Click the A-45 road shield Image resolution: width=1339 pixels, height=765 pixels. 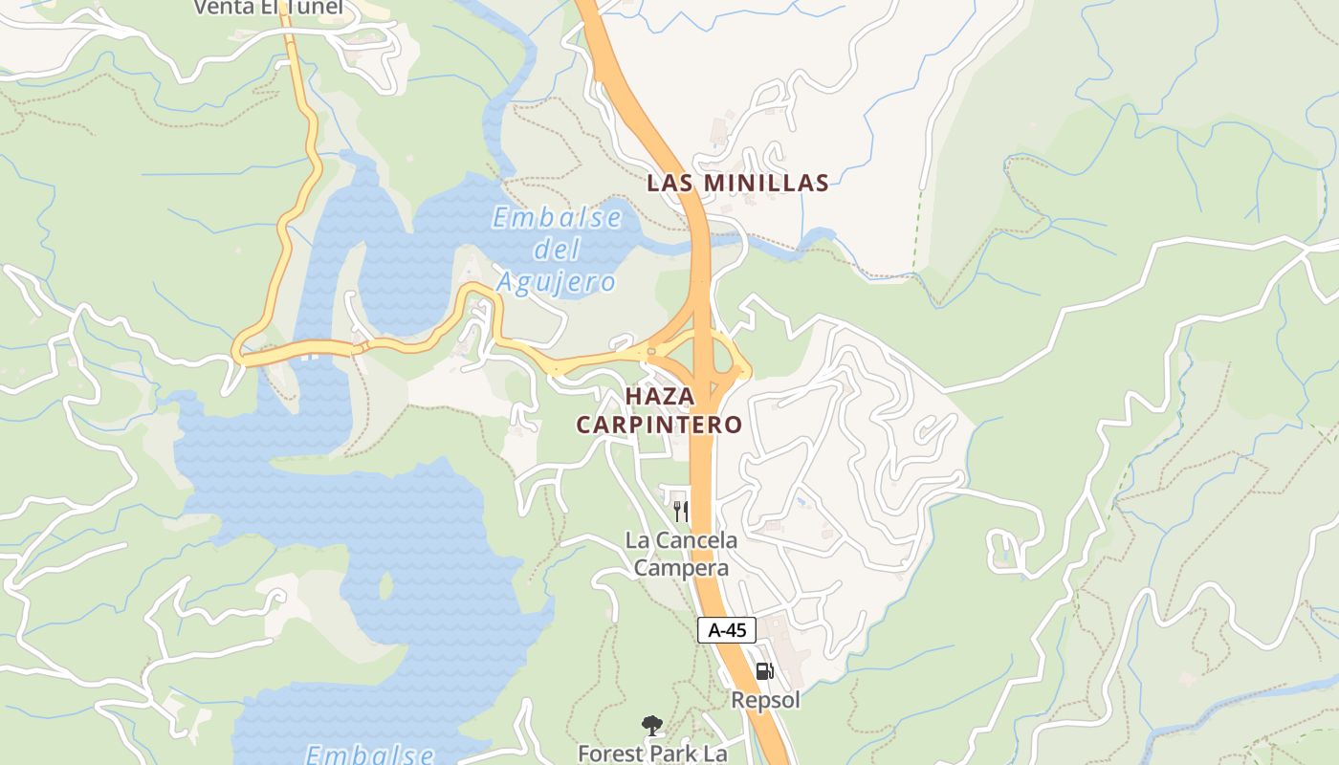727,630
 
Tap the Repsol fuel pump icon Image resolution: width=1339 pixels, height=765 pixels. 764,671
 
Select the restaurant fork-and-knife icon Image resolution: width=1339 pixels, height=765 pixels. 680,511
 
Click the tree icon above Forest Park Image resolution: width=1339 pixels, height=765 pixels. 652,726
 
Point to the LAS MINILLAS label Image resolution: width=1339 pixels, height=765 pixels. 737,183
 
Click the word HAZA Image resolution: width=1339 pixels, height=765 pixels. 659,395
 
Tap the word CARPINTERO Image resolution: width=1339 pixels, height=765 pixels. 659,425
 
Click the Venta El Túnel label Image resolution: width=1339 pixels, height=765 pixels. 267,8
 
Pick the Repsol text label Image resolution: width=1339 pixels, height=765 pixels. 765,700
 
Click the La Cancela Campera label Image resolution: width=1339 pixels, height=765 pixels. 681,554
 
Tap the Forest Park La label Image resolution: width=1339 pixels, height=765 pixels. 652,754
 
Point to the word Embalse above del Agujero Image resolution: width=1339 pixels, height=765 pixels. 558,218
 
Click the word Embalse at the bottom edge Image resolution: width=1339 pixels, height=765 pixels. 370,754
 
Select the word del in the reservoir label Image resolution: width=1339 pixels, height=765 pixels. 557,251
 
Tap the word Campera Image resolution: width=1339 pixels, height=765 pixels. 681,568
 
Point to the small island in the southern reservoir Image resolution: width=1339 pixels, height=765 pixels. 384,585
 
